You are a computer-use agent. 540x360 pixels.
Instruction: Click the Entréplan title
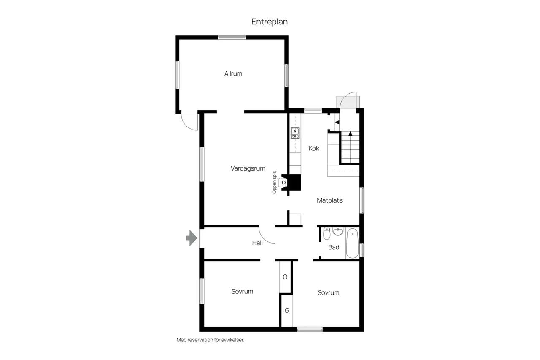(269, 22)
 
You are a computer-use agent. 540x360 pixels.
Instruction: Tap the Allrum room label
(233, 73)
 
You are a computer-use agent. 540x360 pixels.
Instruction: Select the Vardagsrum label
(248, 168)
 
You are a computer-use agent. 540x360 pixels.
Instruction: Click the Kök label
(313, 148)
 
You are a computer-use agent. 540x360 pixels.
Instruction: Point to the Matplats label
(329, 200)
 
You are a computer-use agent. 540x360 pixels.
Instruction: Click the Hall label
(257, 243)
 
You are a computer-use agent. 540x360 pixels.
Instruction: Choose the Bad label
(334, 247)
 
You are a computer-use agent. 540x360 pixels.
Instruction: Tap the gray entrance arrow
(192, 238)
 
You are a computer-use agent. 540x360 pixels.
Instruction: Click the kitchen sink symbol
(295, 133)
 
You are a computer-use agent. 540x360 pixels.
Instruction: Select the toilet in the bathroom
(327, 233)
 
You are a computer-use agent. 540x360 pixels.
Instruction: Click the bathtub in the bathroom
(352, 243)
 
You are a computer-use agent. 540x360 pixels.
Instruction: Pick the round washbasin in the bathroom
(338, 231)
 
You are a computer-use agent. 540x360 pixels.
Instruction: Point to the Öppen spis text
(274, 182)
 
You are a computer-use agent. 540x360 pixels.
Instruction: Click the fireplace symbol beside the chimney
(283, 182)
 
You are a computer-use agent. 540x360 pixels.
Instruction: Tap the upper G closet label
(285, 277)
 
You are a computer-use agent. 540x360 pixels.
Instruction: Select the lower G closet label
(287, 310)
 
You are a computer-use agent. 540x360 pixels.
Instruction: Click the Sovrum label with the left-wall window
(242, 291)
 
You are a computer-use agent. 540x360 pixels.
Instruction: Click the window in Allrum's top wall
(232, 38)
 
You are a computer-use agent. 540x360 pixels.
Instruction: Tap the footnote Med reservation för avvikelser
(210, 340)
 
